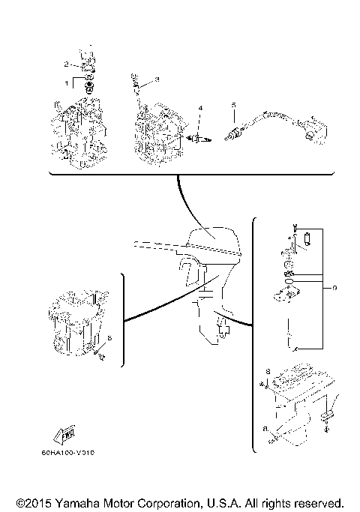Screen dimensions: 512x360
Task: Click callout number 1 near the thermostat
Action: point(66,81)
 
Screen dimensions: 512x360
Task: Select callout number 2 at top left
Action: point(66,64)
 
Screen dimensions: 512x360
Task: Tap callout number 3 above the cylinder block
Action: point(157,79)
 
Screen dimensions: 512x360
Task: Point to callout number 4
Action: point(199,109)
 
